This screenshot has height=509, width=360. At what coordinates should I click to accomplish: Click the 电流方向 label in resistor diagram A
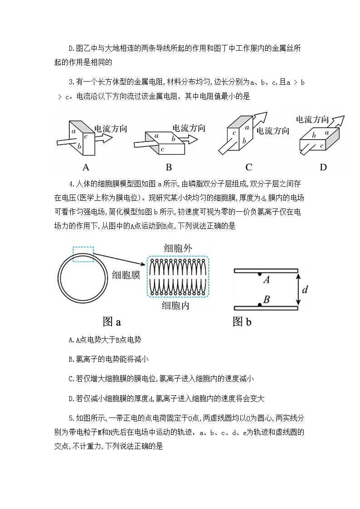click(110, 129)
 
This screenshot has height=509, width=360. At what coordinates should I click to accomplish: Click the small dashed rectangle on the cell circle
click(83, 254)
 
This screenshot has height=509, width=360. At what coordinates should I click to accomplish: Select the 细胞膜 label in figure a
click(126, 275)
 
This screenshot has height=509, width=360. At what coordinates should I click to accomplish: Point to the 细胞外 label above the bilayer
click(178, 249)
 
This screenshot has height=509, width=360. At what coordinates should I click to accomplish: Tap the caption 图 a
click(112, 322)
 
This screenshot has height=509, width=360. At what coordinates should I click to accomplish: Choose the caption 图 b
click(242, 322)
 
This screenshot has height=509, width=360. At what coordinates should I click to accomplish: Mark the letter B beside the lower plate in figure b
click(267, 299)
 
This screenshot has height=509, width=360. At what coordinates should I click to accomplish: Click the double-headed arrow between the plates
click(297, 289)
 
